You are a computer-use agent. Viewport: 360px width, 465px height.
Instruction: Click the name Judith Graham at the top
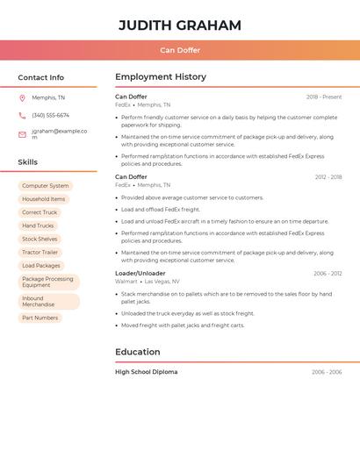[180, 25]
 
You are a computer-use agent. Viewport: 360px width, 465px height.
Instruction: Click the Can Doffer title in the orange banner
[180, 50]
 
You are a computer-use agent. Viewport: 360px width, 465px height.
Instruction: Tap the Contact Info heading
[40, 77]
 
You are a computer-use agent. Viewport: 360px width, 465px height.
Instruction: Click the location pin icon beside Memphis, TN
[22, 97]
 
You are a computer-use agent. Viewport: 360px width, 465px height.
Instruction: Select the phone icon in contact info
[22, 115]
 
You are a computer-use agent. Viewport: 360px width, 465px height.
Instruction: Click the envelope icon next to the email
[22, 134]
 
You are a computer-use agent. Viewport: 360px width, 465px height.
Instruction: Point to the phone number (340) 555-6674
[50, 115]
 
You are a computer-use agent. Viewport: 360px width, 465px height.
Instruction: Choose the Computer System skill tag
[45, 186]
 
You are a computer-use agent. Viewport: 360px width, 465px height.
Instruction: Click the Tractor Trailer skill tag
[40, 252]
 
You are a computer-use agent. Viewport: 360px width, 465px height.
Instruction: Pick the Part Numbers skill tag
[40, 318]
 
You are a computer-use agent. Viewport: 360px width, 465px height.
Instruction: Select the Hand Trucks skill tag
[38, 225]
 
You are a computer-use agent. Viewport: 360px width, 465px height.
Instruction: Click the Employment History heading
[161, 77]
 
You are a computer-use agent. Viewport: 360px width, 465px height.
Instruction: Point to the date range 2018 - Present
[324, 97]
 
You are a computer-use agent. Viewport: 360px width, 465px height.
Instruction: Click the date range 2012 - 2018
[328, 177]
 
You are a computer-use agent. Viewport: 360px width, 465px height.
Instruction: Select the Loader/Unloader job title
[140, 273]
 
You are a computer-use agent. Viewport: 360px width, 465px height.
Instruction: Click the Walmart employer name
[126, 282]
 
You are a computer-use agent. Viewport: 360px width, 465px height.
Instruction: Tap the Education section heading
[138, 352]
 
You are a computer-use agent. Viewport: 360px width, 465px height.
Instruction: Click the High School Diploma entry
[146, 372]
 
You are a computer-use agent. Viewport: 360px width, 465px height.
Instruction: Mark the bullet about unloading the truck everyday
[187, 313]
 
